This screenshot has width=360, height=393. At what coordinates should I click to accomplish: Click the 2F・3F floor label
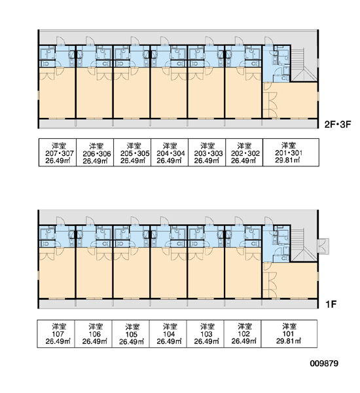(338, 124)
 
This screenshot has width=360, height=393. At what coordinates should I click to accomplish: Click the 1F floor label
(331, 305)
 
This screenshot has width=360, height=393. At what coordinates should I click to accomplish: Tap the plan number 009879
(324, 363)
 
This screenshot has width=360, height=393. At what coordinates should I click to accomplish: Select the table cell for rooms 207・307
(58, 152)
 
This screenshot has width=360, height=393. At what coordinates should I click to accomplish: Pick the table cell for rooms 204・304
(170, 152)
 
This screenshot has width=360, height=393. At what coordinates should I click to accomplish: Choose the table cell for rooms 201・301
(291, 152)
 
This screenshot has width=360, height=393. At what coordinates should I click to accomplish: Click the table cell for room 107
(56, 333)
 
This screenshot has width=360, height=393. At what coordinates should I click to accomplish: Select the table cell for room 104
(168, 333)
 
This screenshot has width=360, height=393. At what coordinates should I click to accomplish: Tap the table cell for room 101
(289, 333)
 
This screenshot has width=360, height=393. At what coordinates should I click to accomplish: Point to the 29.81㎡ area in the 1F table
(289, 341)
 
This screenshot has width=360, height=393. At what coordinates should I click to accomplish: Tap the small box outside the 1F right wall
(323, 246)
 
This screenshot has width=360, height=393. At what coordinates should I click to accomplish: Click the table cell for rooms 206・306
(95, 152)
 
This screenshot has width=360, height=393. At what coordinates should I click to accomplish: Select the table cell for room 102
(242, 333)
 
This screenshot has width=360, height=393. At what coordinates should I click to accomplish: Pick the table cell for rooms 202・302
(244, 152)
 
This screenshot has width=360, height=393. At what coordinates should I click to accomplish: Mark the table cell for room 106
(93, 333)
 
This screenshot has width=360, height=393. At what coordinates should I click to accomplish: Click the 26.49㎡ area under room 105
(132, 341)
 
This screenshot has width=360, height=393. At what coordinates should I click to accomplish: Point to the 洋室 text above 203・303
(207, 145)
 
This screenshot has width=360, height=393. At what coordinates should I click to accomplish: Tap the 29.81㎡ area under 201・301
(287, 160)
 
